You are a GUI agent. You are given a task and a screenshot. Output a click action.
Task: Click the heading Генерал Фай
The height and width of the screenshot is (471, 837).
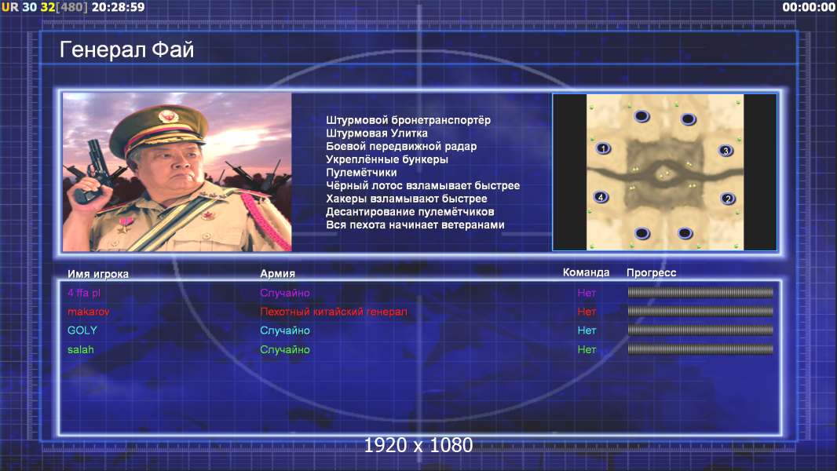click(x=126, y=49)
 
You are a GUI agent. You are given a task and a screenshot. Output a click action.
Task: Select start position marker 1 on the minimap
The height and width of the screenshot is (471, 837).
click(x=603, y=148)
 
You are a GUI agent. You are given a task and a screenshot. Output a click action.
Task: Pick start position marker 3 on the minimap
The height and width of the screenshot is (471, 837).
click(x=726, y=151)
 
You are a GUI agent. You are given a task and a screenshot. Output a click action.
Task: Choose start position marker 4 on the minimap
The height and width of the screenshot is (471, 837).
click(x=601, y=197)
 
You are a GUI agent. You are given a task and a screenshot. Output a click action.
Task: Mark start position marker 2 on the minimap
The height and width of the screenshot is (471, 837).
click(x=728, y=199)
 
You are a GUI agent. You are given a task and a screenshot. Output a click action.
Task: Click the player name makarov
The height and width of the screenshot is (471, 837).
click(x=88, y=312)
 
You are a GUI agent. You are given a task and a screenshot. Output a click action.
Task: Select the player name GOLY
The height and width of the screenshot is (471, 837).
click(x=82, y=330)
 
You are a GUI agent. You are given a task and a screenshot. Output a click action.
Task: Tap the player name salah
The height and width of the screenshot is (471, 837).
click(x=81, y=349)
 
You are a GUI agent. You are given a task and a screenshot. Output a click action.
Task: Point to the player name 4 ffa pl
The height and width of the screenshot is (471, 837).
click(x=84, y=293)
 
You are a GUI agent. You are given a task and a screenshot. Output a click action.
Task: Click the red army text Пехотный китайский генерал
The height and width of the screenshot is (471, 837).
click(x=334, y=312)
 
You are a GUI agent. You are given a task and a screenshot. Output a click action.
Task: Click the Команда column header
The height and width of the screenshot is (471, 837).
click(x=586, y=272)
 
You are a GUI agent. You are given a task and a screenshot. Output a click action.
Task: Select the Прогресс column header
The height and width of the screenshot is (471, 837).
click(x=651, y=273)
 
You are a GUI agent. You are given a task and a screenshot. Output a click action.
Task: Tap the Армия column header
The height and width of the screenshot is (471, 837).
click(x=278, y=274)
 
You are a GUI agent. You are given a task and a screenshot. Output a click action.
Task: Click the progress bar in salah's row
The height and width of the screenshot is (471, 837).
click(x=700, y=349)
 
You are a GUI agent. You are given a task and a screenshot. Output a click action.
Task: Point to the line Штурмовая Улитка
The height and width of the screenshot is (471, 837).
click(x=377, y=133)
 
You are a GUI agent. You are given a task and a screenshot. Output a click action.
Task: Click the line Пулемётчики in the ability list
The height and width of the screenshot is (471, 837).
click(x=361, y=172)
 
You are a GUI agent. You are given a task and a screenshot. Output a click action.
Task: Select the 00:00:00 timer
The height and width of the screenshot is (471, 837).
click(x=809, y=7)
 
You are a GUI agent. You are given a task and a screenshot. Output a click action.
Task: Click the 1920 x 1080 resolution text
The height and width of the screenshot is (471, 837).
click(x=418, y=445)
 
